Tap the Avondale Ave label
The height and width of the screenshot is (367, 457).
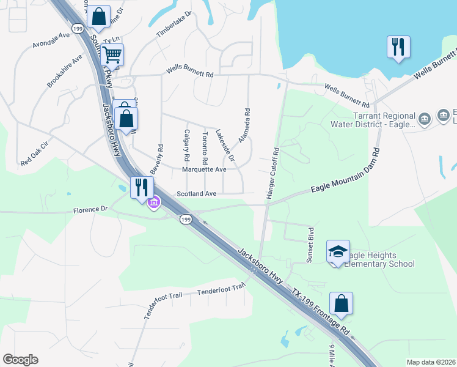click(52, 40)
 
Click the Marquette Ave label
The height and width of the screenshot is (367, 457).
click(204, 169)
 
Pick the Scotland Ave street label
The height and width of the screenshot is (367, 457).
click(197, 193)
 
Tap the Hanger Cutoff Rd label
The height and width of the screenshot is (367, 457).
click(272, 173)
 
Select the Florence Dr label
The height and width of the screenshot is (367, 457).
click(90, 209)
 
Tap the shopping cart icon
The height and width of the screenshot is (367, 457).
click(112, 55)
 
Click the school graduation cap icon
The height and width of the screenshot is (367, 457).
click(338, 251)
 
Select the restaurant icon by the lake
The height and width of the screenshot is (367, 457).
click(398, 47)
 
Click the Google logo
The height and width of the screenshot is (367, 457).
click(20, 360)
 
